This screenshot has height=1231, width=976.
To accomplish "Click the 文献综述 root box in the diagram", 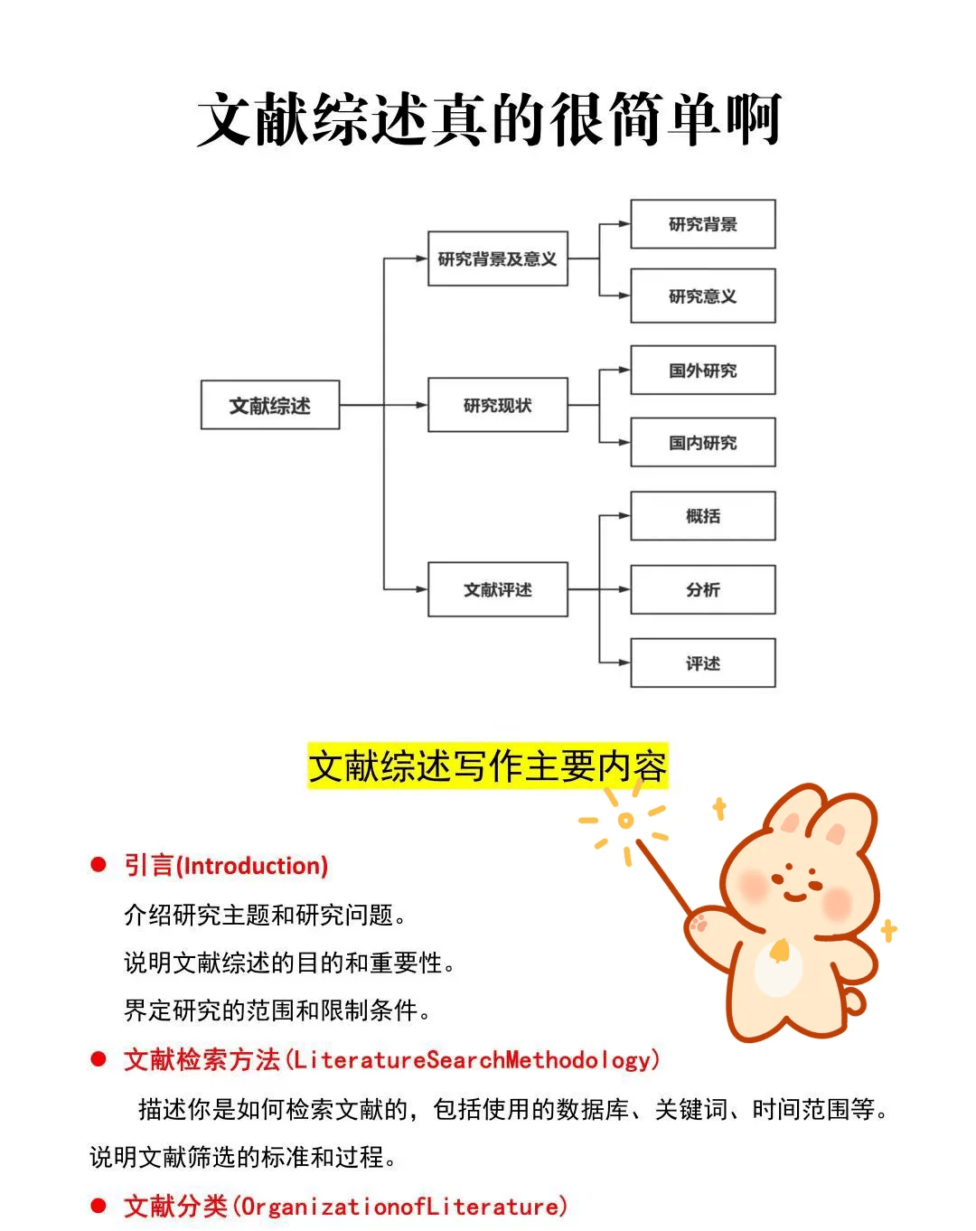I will tap(270, 405).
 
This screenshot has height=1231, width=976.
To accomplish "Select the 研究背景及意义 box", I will tap(497, 259).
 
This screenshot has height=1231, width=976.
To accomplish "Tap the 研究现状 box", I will tap(497, 405).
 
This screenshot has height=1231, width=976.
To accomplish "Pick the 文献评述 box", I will tap(497, 589).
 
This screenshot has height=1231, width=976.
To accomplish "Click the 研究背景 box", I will tap(702, 224).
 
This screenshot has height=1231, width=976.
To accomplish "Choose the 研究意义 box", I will tap(702, 296).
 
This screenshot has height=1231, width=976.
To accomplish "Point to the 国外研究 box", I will tap(702, 370).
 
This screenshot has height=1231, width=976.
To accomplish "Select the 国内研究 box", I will tap(702, 442).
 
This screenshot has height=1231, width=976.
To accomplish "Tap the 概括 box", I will tap(702, 516).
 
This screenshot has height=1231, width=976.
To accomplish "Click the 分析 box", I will tap(702, 589).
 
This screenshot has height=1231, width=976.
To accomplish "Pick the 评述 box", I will tap(702, 662).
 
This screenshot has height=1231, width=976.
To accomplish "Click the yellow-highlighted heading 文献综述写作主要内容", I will tap(487, 766).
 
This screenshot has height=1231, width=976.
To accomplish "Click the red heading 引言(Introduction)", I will tap(226, 866).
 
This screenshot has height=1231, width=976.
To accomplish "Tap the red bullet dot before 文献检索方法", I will tap(99, 1059).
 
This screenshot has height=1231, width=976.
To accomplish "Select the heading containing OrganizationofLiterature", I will tap(345, 1206).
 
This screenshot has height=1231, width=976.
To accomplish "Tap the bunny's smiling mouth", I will tap(795, 895).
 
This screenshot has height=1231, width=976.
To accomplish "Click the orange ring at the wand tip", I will tap(625, 821).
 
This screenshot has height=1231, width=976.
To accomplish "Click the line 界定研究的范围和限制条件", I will tap(276, 1010).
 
